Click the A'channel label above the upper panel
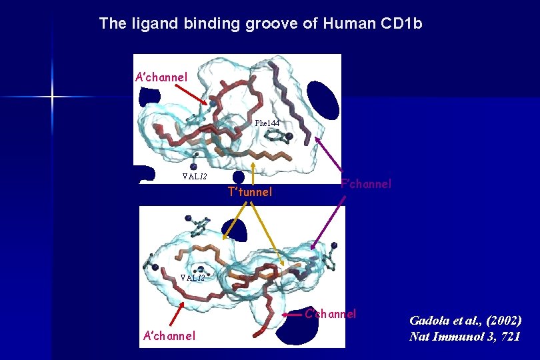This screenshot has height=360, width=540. (161, 77)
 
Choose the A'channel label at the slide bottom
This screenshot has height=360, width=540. (169, 335)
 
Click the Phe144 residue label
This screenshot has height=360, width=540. (267, 123)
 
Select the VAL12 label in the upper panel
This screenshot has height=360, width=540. (195, 177)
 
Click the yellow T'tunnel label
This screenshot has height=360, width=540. (250, 192)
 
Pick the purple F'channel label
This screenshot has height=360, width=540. (366, 184)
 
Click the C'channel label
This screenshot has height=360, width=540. (331, 313)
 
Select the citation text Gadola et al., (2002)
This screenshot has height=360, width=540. (465, 320)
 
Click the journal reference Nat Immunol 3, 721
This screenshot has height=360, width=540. (465, 336)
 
